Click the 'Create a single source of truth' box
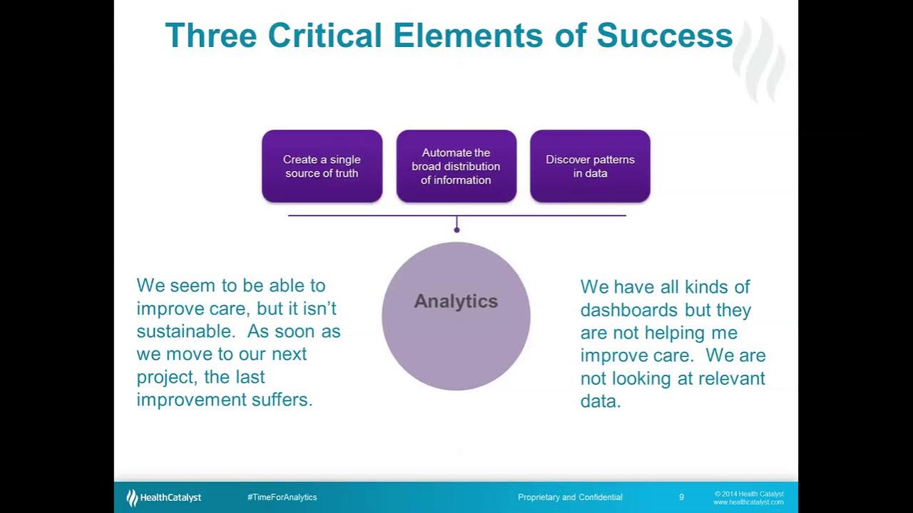[x=322, y=166]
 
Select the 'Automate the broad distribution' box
[x=456, y=166]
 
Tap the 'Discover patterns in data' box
[x=590, y=166]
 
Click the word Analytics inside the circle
[x=456, y=301]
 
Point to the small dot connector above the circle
[x=456, y=229]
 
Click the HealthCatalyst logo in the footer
[x=164, y=497]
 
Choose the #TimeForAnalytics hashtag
[x=282, y=497]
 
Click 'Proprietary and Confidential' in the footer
[x=570, y=497]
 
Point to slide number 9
[x=681, y=497]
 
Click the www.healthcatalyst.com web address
[x=748, y=502]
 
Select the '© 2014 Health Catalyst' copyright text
[x=749, y=494]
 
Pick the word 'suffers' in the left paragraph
[x=281, y=400]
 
